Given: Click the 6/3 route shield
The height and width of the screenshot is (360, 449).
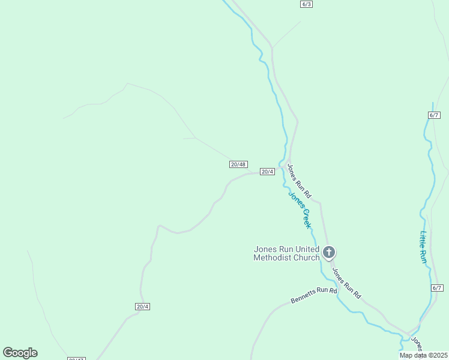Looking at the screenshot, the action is click(306, 4).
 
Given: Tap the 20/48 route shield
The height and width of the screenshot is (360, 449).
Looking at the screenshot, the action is click(238, 164).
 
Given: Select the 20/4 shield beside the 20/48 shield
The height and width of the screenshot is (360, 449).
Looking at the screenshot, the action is click(267, 172).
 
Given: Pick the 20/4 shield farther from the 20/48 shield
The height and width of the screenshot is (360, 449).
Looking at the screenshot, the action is click(142, 307).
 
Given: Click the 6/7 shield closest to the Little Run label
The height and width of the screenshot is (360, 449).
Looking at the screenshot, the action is click(436, 288).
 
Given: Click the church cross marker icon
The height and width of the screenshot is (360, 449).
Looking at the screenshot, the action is click(328, 252).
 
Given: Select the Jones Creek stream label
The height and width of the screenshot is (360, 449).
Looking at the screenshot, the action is click(300, 209).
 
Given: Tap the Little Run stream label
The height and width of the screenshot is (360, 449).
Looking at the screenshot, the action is click(423, 247).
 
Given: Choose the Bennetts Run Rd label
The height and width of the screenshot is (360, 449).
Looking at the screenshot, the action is click(314, 295).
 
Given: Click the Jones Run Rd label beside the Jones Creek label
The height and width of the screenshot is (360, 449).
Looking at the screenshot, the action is click(299, 181).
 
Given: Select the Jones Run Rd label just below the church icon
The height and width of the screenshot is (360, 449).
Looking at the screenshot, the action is click(346, 283).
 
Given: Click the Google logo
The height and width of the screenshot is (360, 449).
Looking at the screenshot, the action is click(20, 353).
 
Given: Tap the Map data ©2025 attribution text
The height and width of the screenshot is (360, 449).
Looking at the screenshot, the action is click(423, 355).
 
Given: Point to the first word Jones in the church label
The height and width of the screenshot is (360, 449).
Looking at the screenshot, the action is click(265, 249).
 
